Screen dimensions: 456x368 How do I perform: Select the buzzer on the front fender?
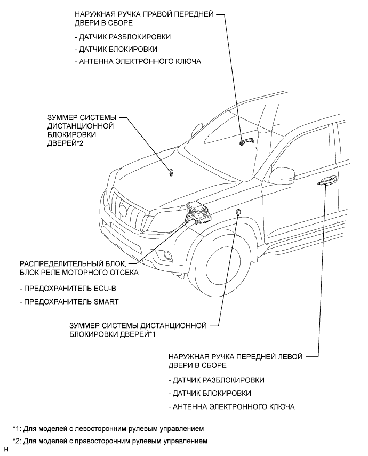click(238, 213)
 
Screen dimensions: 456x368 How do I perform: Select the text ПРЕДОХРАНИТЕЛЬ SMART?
click(69, 302)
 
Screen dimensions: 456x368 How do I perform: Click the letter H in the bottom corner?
click(5, 451)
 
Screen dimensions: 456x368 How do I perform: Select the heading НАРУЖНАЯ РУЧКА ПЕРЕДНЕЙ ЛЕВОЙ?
click(235, 356)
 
